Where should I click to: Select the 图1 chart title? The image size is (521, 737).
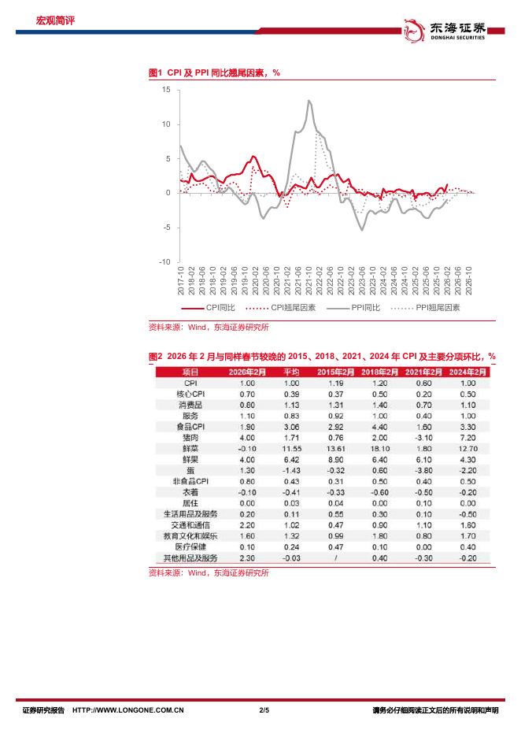(215, 72)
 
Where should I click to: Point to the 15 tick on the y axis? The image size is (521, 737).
(165, 90)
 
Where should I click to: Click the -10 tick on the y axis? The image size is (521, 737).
(164, 261)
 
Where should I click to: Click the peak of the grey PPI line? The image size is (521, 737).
(309, 101)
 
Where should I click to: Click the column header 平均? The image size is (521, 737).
(291, 372)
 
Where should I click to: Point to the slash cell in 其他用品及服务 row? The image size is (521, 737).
(336, 557)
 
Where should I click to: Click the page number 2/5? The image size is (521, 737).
(264, 710)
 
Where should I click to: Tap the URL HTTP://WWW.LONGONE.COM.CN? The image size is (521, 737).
(128, 710)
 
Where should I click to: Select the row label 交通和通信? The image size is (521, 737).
(191, 524)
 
